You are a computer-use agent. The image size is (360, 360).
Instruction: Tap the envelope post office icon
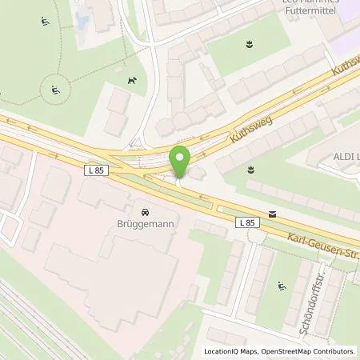coord(274,214)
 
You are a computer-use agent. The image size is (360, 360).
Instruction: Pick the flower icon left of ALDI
coord(250,168)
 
